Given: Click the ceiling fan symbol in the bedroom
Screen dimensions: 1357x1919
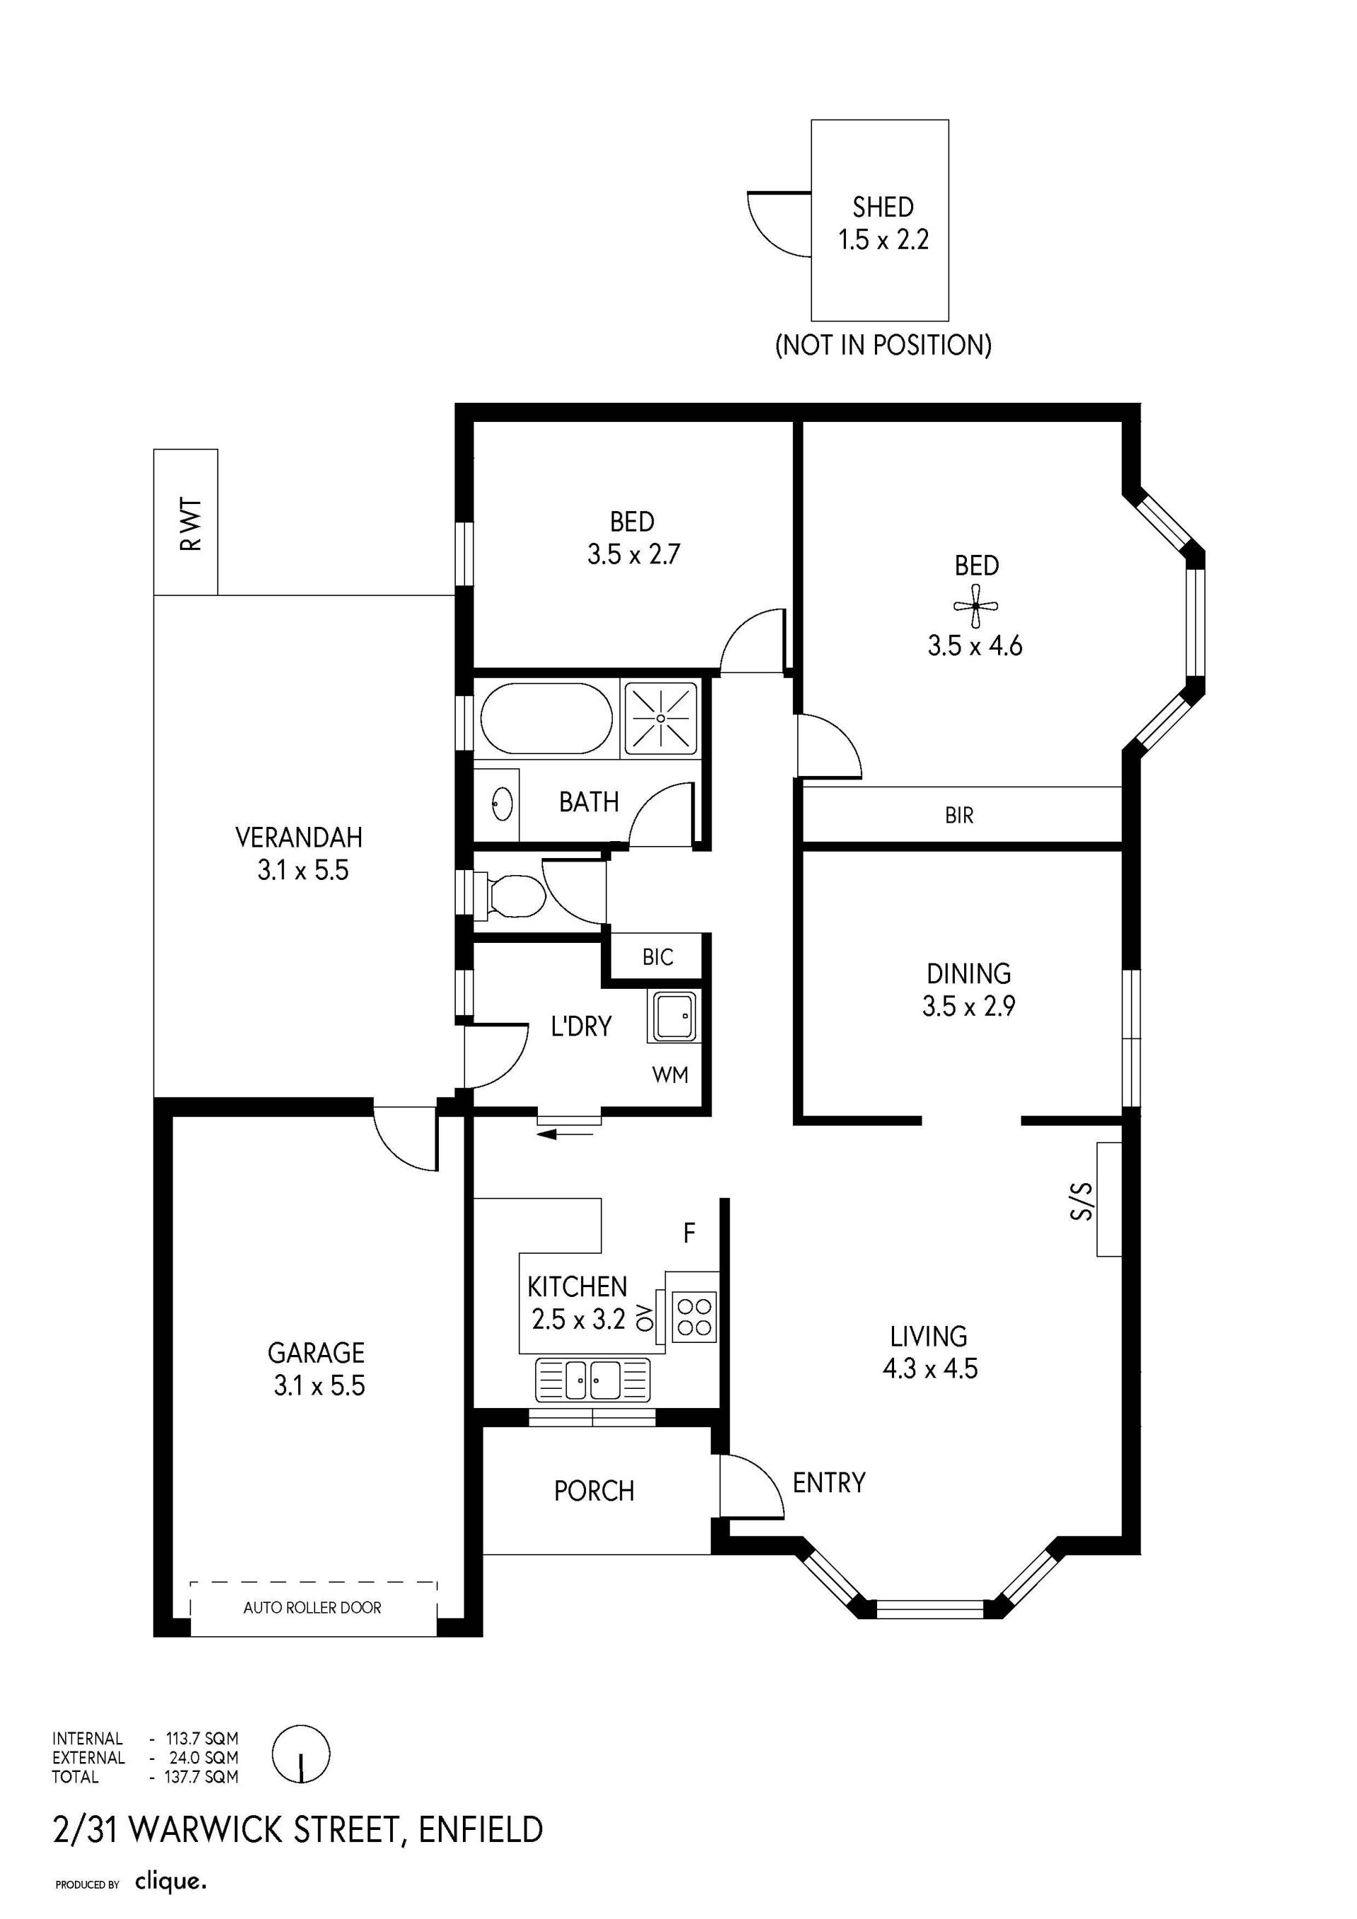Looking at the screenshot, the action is [975, 606].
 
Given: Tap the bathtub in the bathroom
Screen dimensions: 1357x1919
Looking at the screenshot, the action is [546, 719].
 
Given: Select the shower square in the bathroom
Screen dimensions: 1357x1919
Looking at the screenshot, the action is [661, 718].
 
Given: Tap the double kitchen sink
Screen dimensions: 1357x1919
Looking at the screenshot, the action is [592, 1379].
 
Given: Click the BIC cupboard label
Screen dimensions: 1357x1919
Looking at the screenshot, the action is [657, 957].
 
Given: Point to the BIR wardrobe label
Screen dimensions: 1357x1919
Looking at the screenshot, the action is [959, 815].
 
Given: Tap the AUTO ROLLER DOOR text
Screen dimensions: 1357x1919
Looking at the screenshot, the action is [312, 1607].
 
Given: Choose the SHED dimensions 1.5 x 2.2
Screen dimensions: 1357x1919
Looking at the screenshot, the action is [883, 240].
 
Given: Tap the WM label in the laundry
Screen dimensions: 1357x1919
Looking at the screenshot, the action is [670, 1075].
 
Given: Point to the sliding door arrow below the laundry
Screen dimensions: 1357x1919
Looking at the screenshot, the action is [565, 1134].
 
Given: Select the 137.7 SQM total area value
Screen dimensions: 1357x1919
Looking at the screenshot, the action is [201, 1776].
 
